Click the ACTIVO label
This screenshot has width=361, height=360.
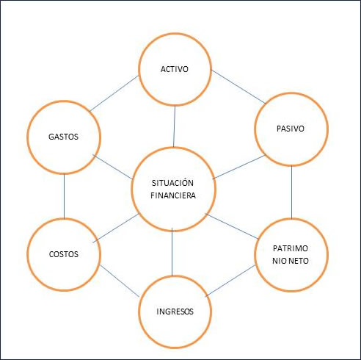(x=175, y=69)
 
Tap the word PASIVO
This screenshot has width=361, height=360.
(x=291, y=129)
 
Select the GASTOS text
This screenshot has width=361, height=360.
(x=63, y=137)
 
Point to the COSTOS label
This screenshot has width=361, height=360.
(x=64, y=254)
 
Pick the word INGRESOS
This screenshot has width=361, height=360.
(x=175, y=312)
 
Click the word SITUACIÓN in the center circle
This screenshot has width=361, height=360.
(x=172, y=182)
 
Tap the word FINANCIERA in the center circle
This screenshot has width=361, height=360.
(x=173, y=195)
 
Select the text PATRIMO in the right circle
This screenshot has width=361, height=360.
(x=291, y=248)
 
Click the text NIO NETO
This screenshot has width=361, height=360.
(x=291, y=261)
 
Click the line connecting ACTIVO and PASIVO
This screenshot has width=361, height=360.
(x=238, y=87)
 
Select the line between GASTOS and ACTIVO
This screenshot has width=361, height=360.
(x=114, y=93)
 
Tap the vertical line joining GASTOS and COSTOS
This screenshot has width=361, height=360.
(x=64, y=196)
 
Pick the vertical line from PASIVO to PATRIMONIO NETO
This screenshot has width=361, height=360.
(x=291, y=192)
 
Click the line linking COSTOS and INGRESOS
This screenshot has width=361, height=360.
(x=120, y=281)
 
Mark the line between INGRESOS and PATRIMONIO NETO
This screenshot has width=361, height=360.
(x=230, y=281)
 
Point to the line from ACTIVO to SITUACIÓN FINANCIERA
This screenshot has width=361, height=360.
(x=175, y=126)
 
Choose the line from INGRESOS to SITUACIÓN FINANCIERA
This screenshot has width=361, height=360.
(x=172, y=252)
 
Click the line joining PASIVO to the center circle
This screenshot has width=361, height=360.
(x=239, y=167)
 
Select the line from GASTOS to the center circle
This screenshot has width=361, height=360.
(x=113, y=167)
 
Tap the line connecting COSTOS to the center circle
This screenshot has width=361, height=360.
(x=116, y=228)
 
